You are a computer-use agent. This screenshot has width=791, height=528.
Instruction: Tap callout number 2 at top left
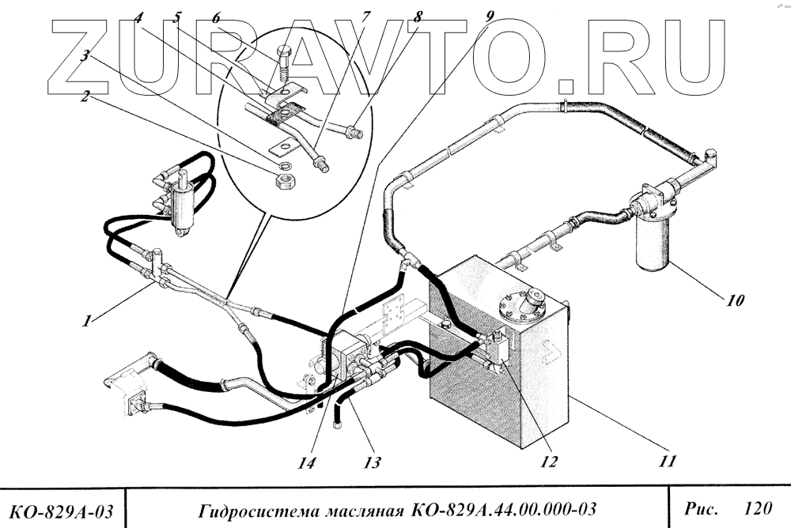tap(85, 98)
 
